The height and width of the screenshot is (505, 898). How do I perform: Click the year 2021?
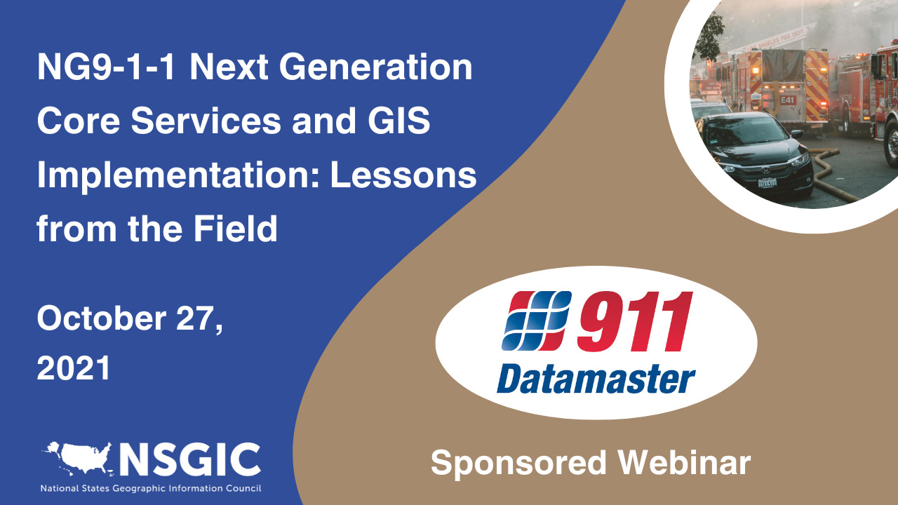74,368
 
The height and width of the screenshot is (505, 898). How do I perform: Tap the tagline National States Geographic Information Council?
150,488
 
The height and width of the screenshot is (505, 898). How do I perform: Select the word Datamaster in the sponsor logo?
596,379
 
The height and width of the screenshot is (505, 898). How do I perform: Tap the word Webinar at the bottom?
684,463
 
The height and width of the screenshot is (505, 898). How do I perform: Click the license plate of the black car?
767,183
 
